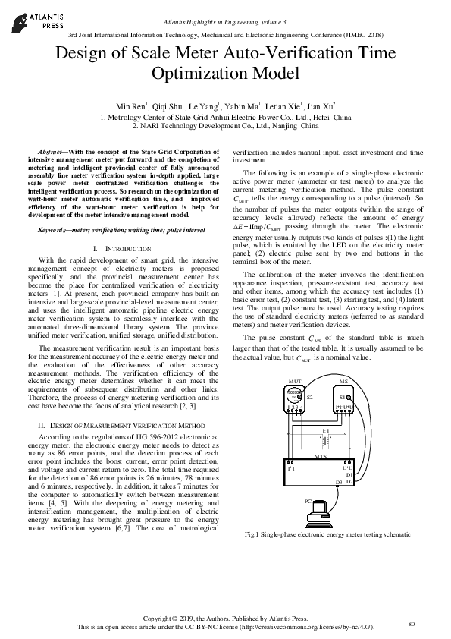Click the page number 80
(412, 623)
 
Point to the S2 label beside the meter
(309, 396)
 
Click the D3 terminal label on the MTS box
(339, 482)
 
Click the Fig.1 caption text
(317, 534)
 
